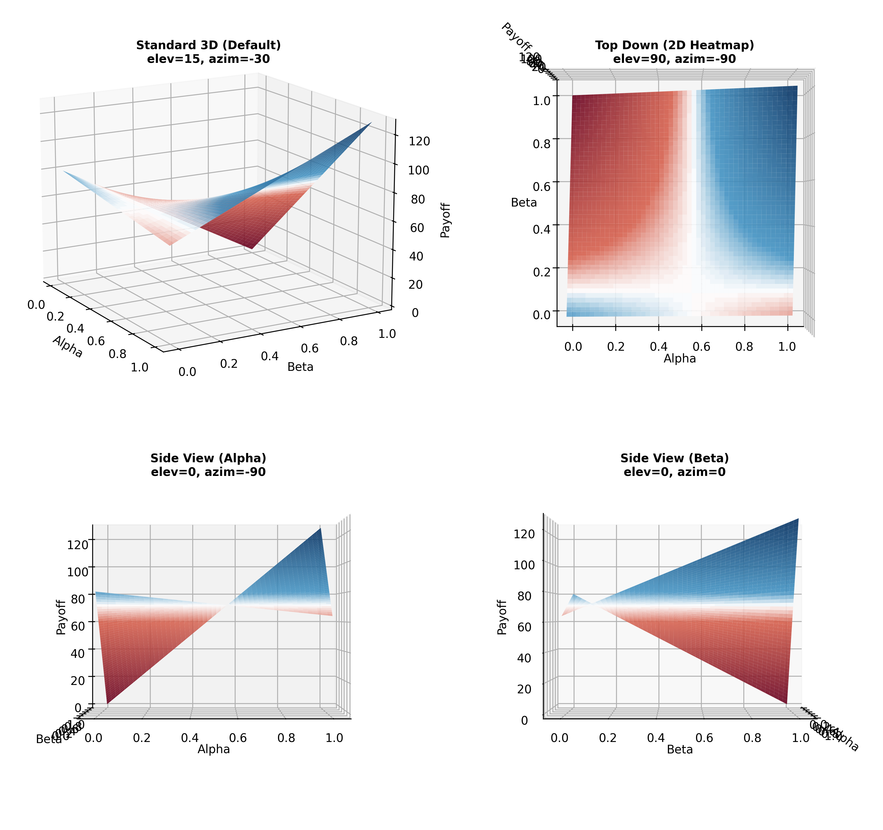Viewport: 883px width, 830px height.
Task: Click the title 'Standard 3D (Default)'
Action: (208, 45)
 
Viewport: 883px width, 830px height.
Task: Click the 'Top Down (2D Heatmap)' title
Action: (674, 45)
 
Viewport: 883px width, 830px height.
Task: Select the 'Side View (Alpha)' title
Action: (208, 458)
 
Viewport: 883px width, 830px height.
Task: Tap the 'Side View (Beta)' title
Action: (674, 458)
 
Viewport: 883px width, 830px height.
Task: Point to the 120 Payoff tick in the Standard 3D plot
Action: (419, 141)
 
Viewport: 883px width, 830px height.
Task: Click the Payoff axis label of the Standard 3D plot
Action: (445, 220)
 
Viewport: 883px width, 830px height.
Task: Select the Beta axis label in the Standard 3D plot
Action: (300, 367)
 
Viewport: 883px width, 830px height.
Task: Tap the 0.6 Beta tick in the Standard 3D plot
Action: (310, 348)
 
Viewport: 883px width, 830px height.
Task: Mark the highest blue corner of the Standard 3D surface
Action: (371, 123)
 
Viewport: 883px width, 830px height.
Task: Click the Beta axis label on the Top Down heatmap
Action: (524, 203)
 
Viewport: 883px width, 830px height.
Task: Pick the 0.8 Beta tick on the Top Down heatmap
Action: (542, 144)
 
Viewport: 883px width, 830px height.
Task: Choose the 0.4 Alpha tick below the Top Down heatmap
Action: (658, 347)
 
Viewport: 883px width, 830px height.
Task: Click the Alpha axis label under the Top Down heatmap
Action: (680, 359)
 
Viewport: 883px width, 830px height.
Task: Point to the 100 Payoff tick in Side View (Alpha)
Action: (77, 571)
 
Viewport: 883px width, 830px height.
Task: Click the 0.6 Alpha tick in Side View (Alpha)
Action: (238, 738)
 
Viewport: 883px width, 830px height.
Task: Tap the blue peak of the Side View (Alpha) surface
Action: (320, 529)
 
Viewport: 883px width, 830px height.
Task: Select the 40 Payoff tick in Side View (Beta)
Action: (524, 658)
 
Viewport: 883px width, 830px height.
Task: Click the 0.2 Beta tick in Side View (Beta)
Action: (607, 738)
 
